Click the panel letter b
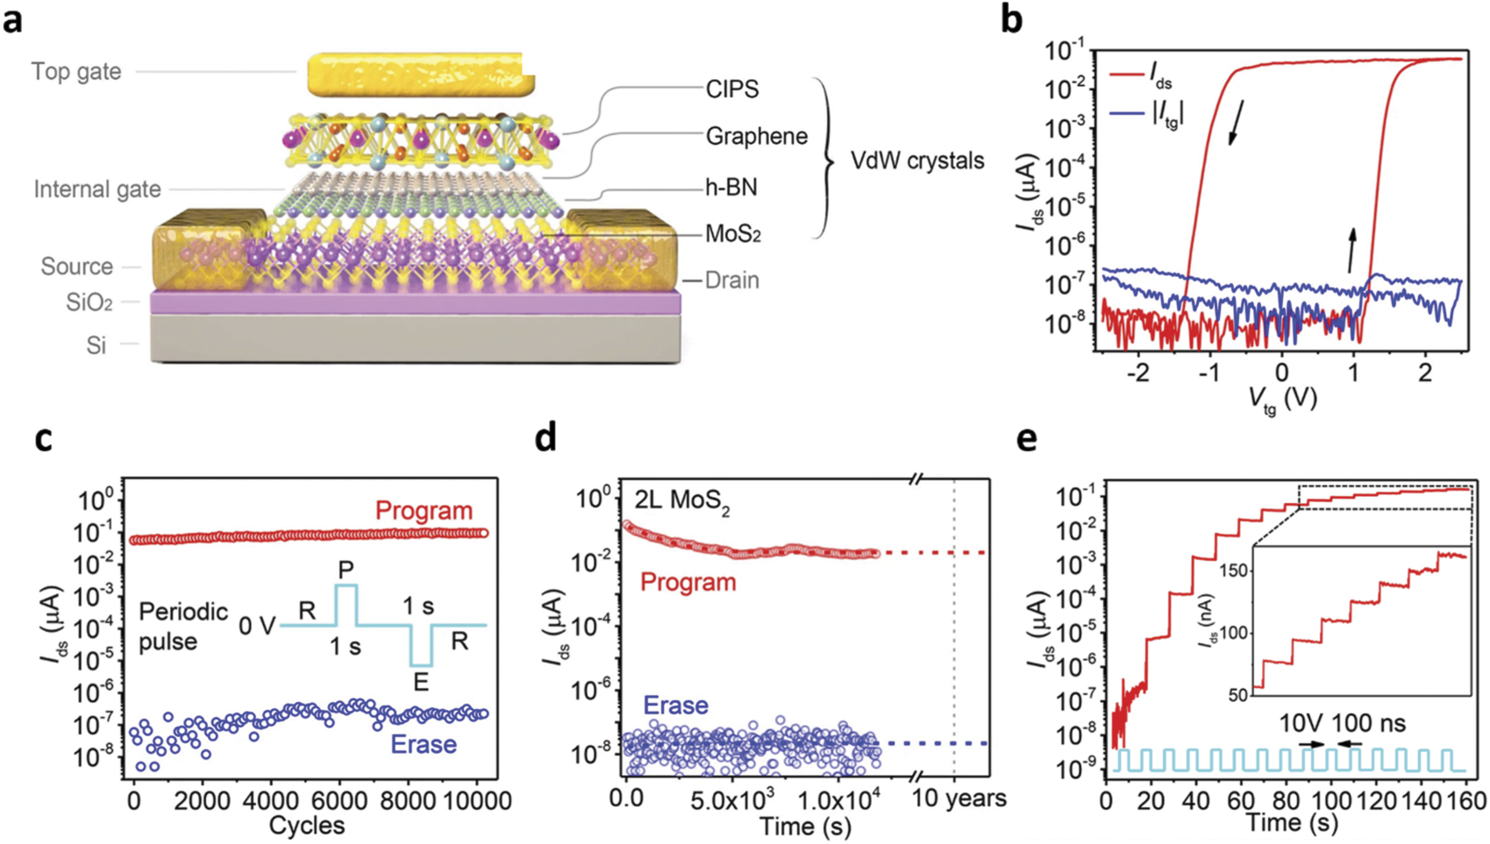point(1011,19)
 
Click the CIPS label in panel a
point(732,89)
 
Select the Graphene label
point(756,136)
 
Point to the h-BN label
point(731,187)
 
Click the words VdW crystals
point(917,161)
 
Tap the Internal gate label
point(97,189)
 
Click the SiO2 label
point(89,303)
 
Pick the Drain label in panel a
point(732,280)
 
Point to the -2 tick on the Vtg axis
point(1137,372)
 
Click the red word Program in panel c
point(424,510)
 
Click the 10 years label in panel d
point(959,798)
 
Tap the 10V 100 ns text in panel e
point(1342,723)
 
